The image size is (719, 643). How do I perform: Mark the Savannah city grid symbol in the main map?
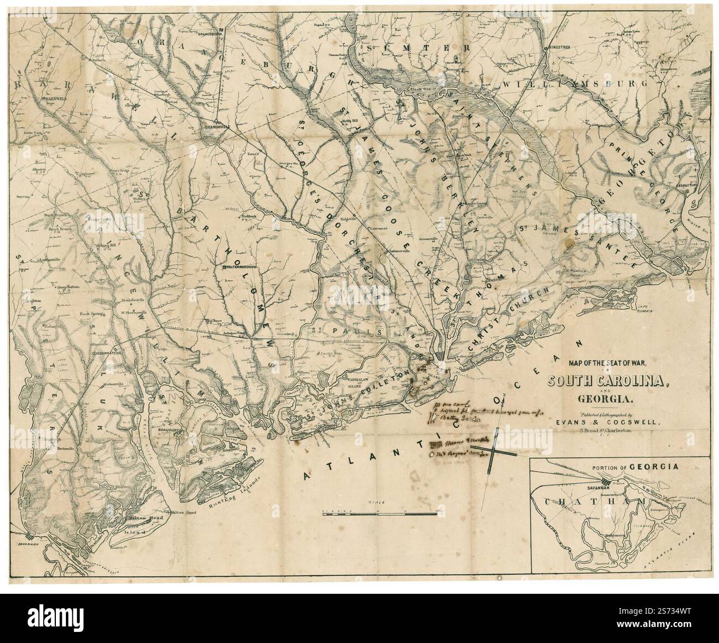tap(29, 536)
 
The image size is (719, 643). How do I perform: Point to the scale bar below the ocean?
tap(382, 513)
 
